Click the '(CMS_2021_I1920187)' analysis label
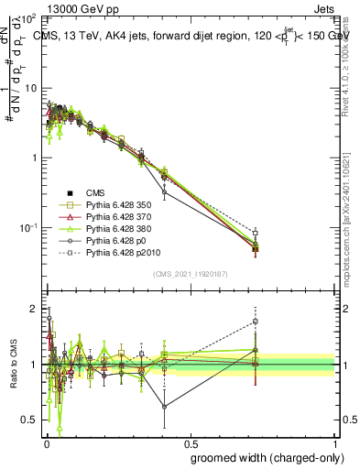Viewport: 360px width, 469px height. coord(190,275)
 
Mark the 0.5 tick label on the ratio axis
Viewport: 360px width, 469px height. coord(30,420)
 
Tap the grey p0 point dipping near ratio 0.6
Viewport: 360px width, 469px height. coord(164,407)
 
